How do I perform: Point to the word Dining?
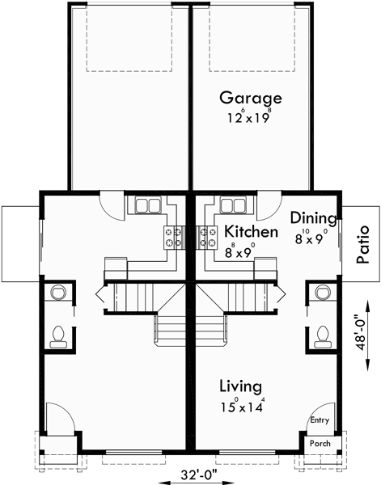[312, 217]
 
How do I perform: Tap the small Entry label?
[320, 420]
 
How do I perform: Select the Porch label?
[320, 444]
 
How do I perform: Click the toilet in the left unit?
[59, 335]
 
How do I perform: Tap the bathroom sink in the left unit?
[58, 292]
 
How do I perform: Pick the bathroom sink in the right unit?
[323, 292]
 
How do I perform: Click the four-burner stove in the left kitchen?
[172, 236]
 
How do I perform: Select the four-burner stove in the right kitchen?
[208, 236]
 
